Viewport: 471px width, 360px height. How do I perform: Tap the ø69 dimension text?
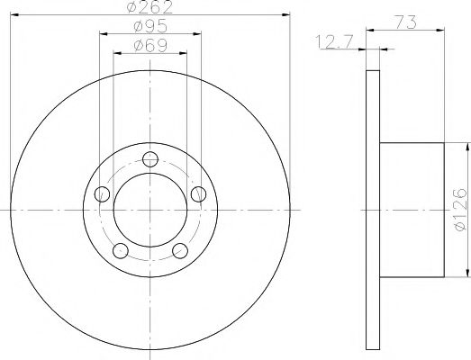(x=149, y=45)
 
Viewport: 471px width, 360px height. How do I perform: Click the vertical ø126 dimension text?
(x=461, y=210)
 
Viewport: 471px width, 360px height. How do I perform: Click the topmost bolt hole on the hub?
(x=150, y=159)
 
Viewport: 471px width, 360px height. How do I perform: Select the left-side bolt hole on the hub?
(x=103, y=193)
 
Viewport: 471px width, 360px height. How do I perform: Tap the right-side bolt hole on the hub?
(x=198, y=193)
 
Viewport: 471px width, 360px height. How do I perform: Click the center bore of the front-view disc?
(x=150, y=210)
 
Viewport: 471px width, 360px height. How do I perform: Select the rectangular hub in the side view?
(x=413, y=210)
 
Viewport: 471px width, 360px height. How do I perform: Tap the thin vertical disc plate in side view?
(x=375, y=210)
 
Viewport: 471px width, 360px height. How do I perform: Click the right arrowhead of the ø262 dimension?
(x=287, y=15)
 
